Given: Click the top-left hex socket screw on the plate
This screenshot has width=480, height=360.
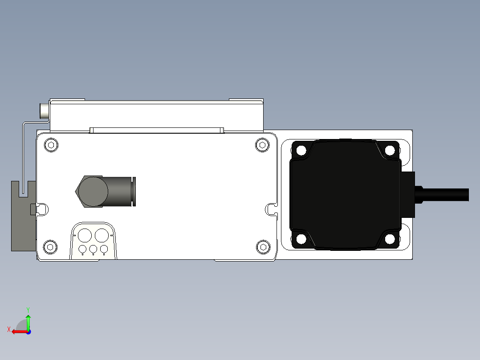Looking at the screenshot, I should pyautogui.click(x=52, y=145).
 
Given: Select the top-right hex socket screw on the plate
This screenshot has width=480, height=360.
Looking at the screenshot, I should pyautogui.click(x=263, y=145).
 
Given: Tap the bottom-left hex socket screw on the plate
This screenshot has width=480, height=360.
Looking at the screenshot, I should pyautogui.click(x=51, y=247).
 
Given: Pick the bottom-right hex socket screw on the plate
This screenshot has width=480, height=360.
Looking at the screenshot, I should pyautogui.click(x=263, y=247).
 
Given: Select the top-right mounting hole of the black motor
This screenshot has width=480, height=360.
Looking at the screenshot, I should pyautogui.click(x=390, y=150).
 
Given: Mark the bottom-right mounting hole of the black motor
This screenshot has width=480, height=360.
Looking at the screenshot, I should pyautogui.click(x=390, y=239).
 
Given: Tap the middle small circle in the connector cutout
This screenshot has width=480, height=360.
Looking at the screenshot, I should pyautogui.click(x=93, y=249).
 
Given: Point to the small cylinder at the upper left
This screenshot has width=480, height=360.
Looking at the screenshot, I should pyautogui.click(x=45, y=111).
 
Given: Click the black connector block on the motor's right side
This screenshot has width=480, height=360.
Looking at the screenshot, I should pyautogui.click(x=408, y=194).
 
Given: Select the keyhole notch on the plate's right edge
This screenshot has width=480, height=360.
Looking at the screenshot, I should pyautogui.click(x=270, y=208).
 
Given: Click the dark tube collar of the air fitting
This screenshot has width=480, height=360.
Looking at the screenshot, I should pyautogui.click(x=134, y=192).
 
